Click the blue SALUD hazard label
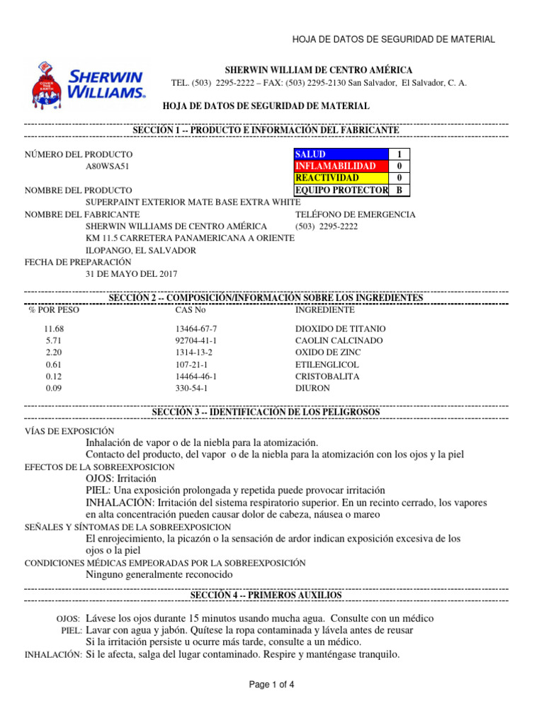tap(341, 154)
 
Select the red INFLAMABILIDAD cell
tap(341, 166)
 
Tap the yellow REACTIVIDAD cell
tap(341, 178)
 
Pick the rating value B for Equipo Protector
tap(399, 190)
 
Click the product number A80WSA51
tap(107, 166)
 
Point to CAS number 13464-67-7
tap(196, 329)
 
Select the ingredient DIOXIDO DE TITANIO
tap(341, 329)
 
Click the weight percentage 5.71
tap(55, 341)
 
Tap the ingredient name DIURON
tap(312, 389)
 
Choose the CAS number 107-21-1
tap(191, 365)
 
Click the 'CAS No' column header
tap(190, 310)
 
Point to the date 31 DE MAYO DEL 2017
tap(132, 274)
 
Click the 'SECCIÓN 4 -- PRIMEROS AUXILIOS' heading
tap(266, 595)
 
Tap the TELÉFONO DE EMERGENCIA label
tap(355, 215)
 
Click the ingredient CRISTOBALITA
tap(327, 377)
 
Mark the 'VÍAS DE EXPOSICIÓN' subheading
tap(69, 431)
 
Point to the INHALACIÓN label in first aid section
tap(53, 656)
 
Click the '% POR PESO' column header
tap(54, 310)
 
